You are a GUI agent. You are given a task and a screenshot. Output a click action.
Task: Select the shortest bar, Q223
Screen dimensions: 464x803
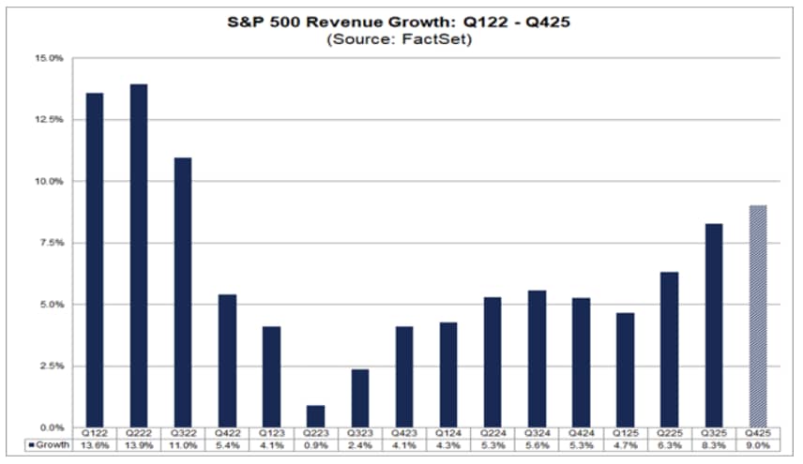click(315, 416)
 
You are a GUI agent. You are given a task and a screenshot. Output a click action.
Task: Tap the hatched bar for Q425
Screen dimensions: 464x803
click(757, 316)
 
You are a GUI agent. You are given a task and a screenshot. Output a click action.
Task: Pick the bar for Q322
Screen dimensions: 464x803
click(182, 292)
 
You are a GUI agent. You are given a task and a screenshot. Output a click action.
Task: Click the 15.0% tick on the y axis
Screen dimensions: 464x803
click(50, 58)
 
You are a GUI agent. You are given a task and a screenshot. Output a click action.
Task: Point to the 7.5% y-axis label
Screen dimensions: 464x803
click(50, 243)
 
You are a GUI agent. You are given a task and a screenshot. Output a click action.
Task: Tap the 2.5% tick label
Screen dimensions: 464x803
click(50, 366)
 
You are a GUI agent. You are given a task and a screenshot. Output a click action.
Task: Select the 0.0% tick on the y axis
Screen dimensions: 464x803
click(50, 427)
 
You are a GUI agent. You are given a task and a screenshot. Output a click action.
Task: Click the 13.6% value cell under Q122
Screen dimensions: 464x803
click(94, 447)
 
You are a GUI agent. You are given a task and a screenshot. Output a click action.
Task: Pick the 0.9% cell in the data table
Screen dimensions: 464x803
click(315, 447)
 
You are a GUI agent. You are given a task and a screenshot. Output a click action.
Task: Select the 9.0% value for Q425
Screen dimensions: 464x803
click(757, 447)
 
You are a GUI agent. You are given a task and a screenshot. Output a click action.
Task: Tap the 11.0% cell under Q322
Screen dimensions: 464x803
click(182, 447)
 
